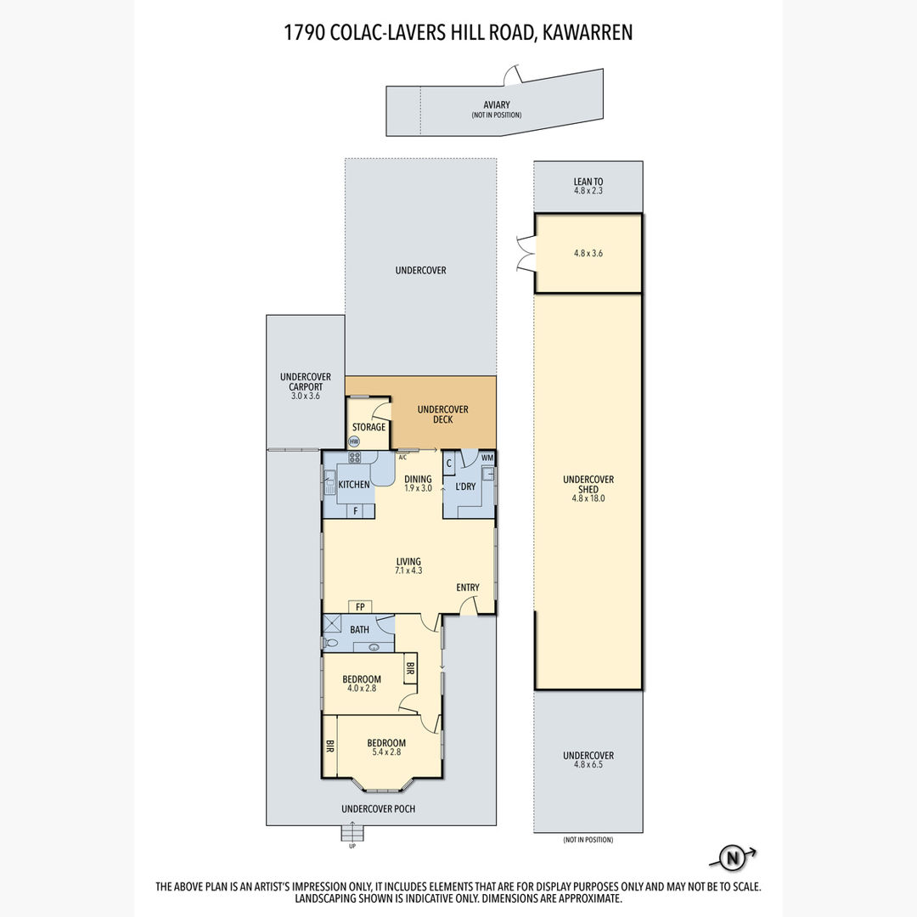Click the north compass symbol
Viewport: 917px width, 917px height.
point(732,858)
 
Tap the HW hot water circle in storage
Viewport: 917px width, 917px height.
point(354,442)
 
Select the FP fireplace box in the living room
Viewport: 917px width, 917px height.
point(360,607)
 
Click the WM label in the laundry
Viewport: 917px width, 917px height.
point(487,458)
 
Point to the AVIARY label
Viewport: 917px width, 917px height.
point(497,104)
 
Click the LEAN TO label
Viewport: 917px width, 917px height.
point(588,182)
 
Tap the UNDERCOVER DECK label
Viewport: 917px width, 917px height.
point(442,414)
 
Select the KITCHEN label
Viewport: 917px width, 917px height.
point(354,484)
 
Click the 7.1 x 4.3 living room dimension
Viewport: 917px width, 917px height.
point(408,571)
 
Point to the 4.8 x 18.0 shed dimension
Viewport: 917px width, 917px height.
point(588,499)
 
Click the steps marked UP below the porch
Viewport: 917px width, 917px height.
point(352,831)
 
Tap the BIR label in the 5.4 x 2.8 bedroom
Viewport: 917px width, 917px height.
point(329,746)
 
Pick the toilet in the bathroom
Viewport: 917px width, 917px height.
point(330,643)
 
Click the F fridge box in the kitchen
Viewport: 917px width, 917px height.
point(356,511)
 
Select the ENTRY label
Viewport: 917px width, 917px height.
point(468,588)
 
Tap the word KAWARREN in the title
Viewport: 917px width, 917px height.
point(588,33)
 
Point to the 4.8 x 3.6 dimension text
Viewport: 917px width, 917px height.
point(588,253)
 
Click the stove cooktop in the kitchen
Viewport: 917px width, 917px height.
point(354,458)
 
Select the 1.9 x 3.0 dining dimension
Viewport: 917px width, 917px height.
point(418,488)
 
